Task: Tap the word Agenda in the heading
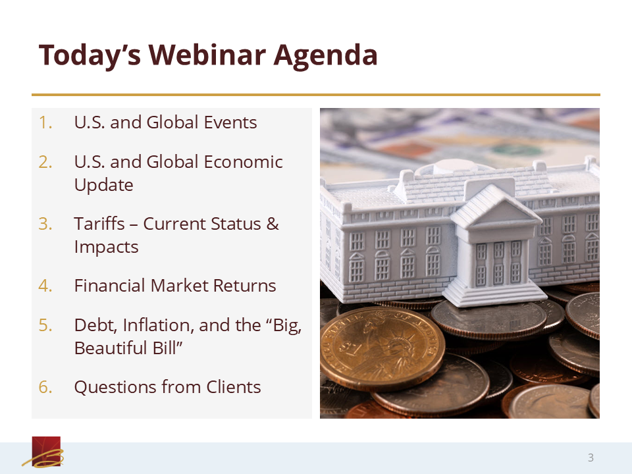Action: pos(326,55)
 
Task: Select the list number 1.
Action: pos(45,122)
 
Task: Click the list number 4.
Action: pos(45,286)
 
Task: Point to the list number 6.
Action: pos(45,387)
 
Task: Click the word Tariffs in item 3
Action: pos(99,224)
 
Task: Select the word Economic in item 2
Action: pos(243,162)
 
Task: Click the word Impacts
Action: pos(106,247)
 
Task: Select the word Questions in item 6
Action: pos(115,387)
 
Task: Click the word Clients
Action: pos(233,387)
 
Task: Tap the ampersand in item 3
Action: pos(273,224)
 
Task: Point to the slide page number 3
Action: pos(591,458)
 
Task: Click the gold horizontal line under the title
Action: pos(315,95)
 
